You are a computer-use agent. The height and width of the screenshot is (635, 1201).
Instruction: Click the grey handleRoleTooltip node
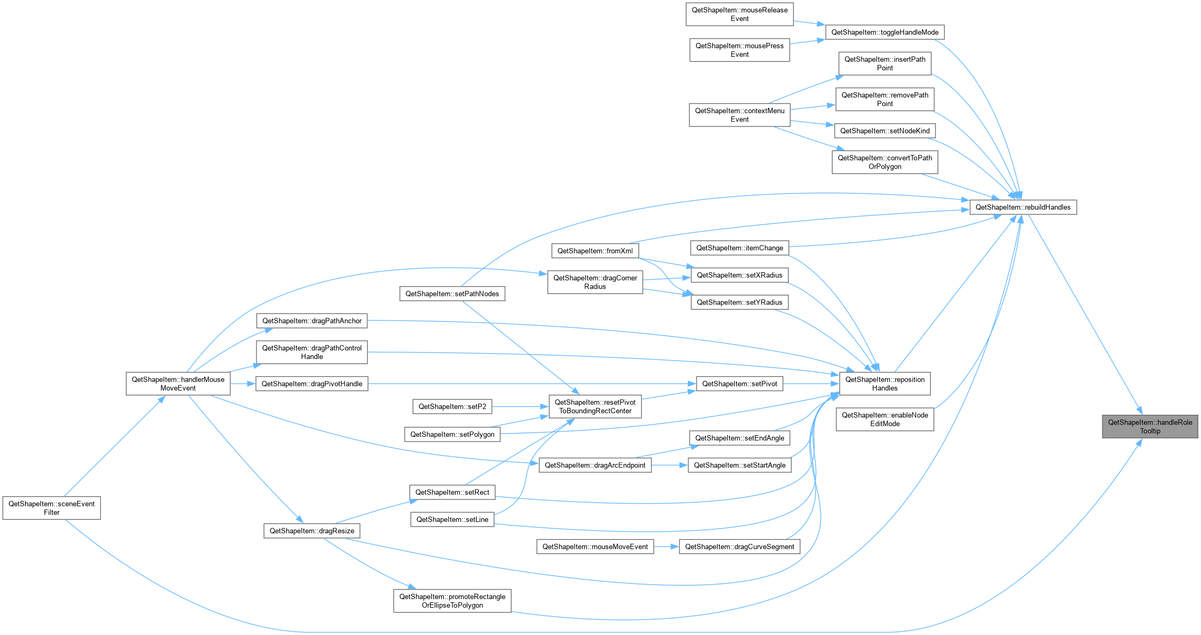1150,427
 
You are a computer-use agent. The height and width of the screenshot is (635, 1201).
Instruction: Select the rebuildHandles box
1023,207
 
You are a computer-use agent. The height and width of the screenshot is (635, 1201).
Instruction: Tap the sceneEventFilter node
51,508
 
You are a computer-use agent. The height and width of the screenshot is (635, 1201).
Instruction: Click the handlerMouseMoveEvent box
178,384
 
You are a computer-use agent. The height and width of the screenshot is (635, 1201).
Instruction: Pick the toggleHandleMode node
885,32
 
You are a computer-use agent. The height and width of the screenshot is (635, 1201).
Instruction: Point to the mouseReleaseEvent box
739,14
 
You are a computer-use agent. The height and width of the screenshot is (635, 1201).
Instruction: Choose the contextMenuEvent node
739,115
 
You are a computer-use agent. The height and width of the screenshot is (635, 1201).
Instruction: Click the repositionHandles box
885,384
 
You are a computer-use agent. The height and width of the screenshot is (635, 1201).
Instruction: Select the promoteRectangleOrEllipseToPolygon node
452,601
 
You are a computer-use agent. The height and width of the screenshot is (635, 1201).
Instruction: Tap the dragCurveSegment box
739,547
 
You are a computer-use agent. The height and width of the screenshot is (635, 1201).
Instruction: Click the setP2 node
452,407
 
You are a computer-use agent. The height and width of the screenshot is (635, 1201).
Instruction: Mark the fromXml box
595,251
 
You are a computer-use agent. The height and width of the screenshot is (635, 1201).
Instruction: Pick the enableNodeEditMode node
885,420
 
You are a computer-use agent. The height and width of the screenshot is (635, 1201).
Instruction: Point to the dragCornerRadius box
595,282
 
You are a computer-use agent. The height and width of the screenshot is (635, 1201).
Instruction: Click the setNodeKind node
885,131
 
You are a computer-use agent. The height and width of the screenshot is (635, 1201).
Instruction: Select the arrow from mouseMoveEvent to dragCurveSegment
667,547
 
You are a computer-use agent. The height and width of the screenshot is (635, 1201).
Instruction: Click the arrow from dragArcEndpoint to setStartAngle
670,465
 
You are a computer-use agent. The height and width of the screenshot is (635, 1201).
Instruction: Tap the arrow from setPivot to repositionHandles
811,384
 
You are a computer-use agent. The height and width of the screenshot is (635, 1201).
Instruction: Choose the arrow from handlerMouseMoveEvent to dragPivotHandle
243,384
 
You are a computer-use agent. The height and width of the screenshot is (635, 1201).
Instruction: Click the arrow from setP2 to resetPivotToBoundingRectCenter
520,407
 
